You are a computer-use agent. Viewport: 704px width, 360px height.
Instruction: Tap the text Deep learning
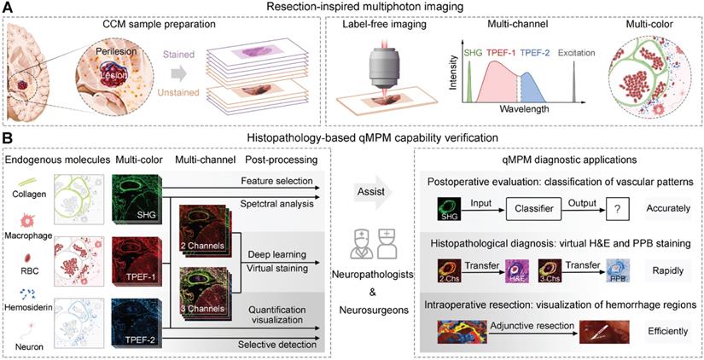[x=271, y=254]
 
